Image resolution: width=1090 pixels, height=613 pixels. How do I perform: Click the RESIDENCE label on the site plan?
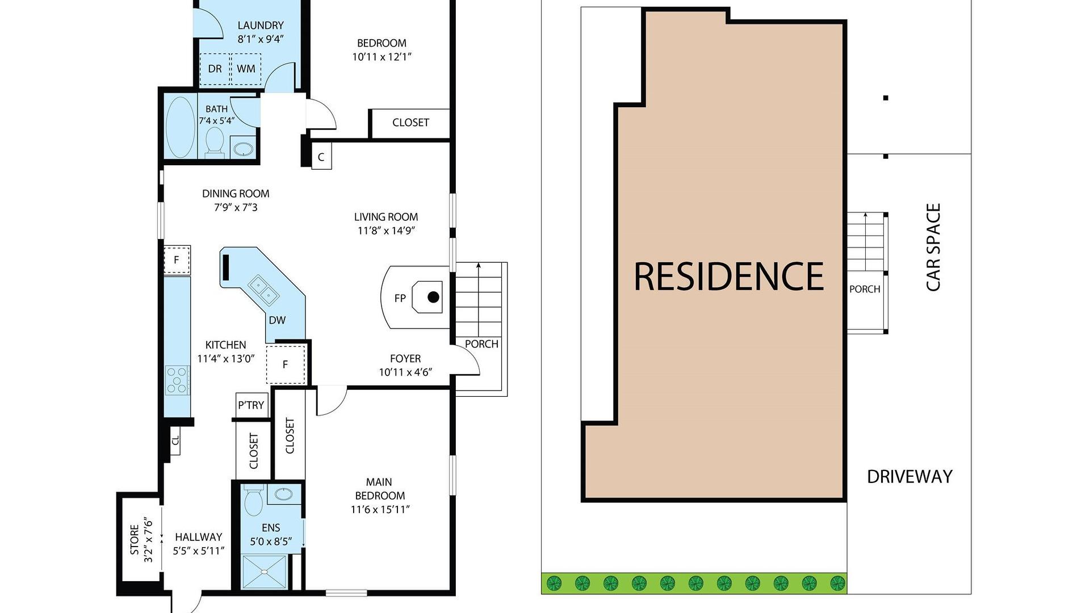click(x=728, y=276)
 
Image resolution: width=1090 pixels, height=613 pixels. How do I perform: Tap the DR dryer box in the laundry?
click(x=215, y=69)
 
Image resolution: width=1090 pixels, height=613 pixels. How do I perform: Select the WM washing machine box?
click(x=246, y=69)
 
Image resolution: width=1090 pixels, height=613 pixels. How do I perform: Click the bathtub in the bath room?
click(x=180, y=127)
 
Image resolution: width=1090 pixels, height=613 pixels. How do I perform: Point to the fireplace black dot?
click(x=433, y=297)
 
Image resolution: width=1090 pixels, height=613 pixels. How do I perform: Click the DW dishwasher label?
click(x=277, y=320)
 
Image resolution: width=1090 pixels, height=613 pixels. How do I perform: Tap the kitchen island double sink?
click(x=262, y=288)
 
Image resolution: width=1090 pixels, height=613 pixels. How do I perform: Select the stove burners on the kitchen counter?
click(x=177, y=380)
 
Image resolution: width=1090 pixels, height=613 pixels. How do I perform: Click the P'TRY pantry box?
click(x=251, y=405)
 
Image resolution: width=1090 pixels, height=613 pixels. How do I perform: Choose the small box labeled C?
click(x=321, y=157)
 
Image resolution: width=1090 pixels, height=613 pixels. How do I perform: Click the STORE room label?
click(x=135, y=540)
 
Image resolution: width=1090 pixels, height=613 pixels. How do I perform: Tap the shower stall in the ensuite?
click(x=265, y=572)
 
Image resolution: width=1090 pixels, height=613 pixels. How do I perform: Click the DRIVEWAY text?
click(x=909, y=477)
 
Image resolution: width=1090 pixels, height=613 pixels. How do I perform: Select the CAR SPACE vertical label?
click(x=933, y=247)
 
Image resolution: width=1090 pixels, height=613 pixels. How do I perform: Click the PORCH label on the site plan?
click(x=865, y=289)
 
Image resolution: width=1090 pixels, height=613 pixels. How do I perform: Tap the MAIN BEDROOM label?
click(x=379, y=488)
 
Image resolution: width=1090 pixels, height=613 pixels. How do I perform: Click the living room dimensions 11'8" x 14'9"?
click(x=386, y=230)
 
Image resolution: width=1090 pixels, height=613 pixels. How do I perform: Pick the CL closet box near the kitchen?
click(x=175, y=440)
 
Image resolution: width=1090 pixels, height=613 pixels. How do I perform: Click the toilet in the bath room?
click(x=214, y=140)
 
